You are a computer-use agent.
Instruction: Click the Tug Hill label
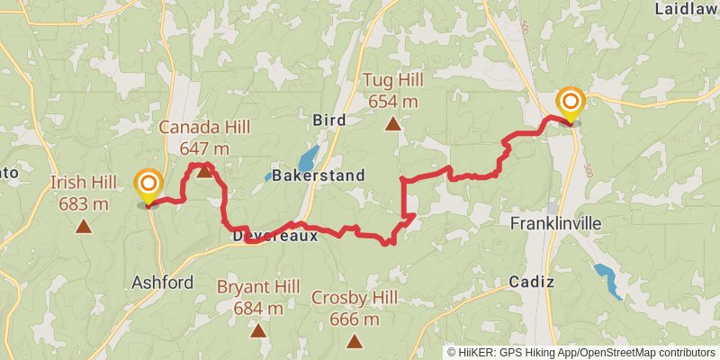392,81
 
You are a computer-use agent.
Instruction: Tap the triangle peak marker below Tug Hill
392,123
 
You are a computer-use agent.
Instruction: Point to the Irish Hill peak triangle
84,227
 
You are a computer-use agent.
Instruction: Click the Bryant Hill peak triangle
258,330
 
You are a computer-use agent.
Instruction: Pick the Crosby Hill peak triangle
355,341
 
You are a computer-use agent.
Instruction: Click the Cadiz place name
531,282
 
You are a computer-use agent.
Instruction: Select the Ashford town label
162,283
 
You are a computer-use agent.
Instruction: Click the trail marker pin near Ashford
148,187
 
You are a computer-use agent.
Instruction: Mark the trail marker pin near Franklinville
570,103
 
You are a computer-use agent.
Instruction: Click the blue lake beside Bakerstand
308,158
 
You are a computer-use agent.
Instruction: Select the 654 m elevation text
392,101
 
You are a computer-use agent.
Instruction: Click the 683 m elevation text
84,203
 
